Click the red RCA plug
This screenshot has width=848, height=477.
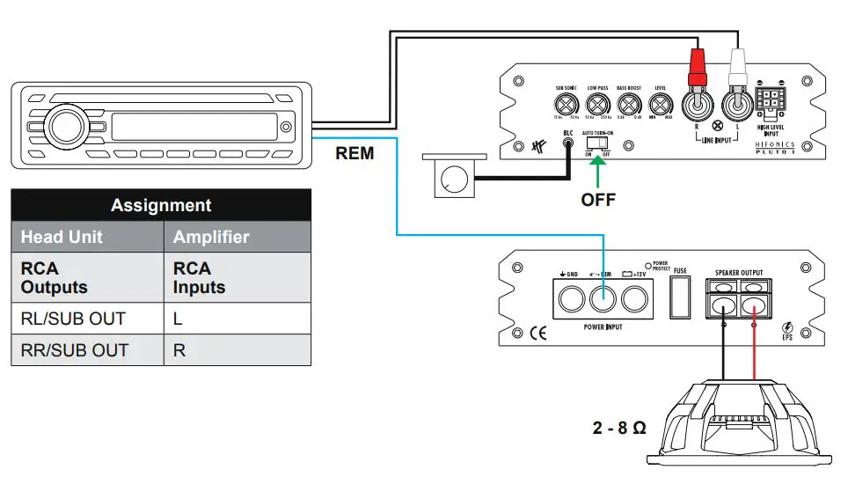click(696, 67)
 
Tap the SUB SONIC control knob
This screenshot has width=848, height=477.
click(565, 104)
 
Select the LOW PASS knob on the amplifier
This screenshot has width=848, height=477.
click(598, 104)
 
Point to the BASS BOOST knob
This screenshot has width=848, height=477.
click(628, 104)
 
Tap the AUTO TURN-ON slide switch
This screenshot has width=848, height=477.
click(599, 141)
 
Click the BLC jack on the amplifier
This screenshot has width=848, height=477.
click(567, 143)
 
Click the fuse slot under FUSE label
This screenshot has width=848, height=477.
click(679, 298)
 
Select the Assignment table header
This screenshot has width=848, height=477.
click(161, 205)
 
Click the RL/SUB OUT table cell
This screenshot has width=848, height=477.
click(86, 319)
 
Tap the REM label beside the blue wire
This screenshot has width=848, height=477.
click(355, 154)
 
